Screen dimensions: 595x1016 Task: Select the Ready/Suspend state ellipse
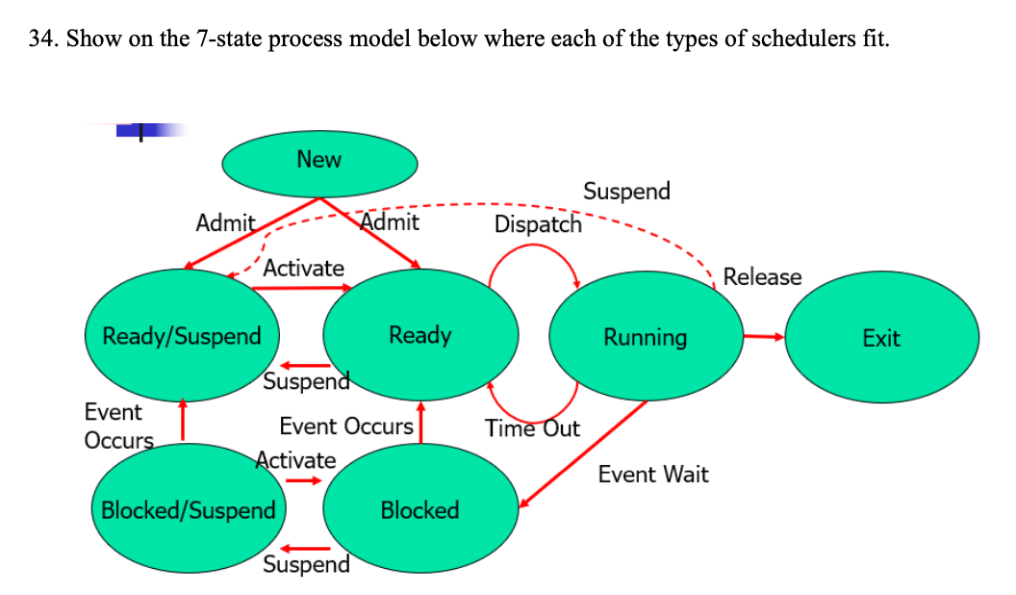click(182, 336)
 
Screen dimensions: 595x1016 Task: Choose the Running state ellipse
click(646, 337)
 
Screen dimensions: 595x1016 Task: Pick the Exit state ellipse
click(881, 338)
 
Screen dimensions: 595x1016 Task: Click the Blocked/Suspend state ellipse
click(189, 509)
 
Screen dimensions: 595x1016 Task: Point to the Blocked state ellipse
click(420, 509)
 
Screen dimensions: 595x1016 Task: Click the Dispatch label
click(538, 224)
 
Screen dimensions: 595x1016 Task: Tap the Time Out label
click(532, 428)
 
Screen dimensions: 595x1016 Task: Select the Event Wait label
click(653, 474)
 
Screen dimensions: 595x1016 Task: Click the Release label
click(762, 277)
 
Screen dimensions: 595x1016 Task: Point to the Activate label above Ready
click(303, 268)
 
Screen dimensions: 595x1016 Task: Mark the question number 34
click(40, 39)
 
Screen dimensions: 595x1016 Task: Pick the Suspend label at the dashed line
click(626, 191)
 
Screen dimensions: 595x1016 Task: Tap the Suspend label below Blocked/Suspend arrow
click(306, 564)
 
